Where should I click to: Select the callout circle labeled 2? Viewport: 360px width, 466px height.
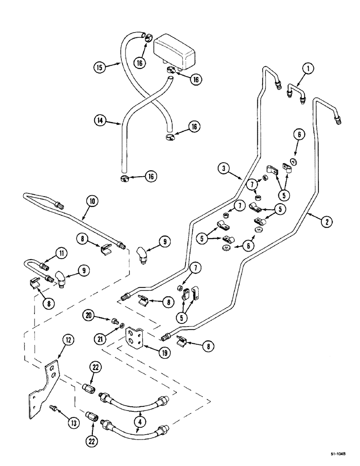326,222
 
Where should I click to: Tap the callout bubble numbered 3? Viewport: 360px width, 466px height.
225,167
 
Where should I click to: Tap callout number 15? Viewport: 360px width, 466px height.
99,68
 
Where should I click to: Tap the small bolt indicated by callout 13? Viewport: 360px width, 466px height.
53,408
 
